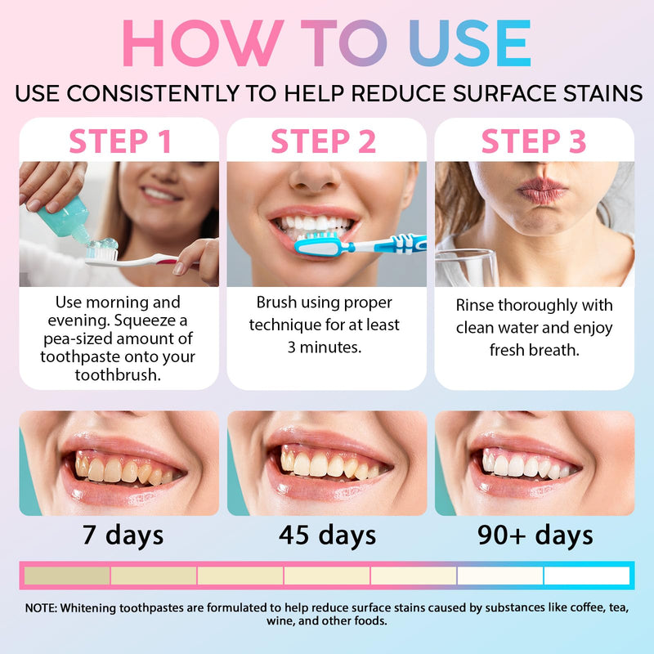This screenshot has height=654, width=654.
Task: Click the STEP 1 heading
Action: pyautogui.click(x=119, y=141)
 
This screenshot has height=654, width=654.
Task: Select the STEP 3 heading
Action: pyautogui.click(x=534, y=141)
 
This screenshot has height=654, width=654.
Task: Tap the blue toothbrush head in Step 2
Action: pyautogui.click(x=319, y=243)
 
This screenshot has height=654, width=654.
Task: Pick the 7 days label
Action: pyautogui.click(x=123, y=535)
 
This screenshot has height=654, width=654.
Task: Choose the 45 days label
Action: pyautogui.click(x=327, y=535)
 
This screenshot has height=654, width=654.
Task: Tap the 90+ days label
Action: pyautogui.click(x=535, y=535)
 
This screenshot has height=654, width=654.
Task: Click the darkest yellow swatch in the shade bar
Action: pyautogui.click(x=66, y=576)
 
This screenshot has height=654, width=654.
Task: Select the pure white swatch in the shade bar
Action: pyautogui.click(x=586, y=576)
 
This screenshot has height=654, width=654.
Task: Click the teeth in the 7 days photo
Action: pyautogui.click(x=119, y=469)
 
